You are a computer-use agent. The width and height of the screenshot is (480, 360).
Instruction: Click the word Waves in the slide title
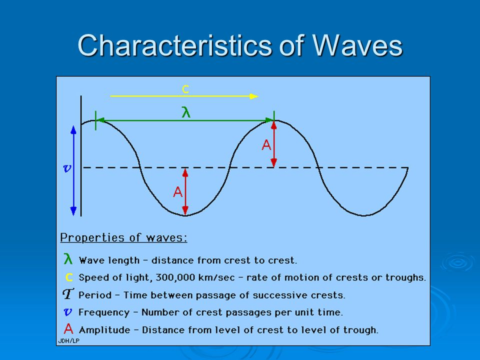(357, 45)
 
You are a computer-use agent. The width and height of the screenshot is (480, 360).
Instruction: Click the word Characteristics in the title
(174, 45)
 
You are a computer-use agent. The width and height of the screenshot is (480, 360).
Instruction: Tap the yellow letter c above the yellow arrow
(185, 89)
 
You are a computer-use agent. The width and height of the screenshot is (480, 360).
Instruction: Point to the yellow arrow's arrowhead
(254, 96)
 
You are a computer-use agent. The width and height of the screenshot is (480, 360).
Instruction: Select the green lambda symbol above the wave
(186, 112)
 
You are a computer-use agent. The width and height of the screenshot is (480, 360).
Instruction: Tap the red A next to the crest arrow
(266, 145)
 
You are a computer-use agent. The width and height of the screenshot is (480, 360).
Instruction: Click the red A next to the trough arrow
(178, 192)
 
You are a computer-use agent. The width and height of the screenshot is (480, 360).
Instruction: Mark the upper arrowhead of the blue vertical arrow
(73, 130)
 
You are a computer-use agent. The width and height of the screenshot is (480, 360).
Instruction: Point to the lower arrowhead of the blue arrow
(73, 211)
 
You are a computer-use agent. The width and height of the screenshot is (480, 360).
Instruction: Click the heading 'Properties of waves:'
(123, 238)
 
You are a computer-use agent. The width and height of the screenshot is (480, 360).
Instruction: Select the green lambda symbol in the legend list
(68, 258)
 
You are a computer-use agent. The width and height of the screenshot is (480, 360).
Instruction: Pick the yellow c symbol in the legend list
(69, 277)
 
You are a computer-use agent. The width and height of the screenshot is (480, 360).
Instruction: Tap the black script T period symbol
(68, 294)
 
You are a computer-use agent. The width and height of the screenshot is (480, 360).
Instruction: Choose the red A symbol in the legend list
(68, 329)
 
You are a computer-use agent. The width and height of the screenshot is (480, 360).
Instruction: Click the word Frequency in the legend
(104, 312)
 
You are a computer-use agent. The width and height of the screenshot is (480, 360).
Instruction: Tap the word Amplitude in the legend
(104, 330)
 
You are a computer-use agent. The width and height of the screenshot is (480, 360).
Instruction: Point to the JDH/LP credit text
(69, 340)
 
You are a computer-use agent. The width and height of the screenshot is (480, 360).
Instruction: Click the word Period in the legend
(95, 295)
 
